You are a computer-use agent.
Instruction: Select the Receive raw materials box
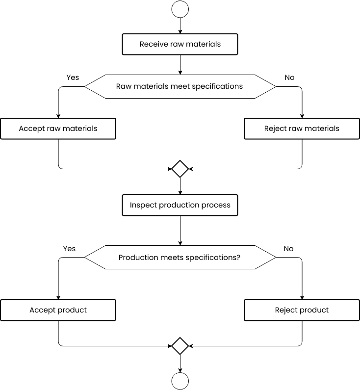[x=180, y=44]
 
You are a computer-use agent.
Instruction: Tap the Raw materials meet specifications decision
[x=180, y=86]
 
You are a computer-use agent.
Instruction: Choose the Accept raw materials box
[x=58, y=129]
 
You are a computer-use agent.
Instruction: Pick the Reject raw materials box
[x=302, y=129]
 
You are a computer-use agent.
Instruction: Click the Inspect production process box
[x=180, y=205]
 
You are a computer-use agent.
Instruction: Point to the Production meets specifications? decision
[x=180, y=257]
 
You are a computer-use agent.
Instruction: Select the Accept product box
[x=58, y=310]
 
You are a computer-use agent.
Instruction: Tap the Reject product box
[x=302, y=310]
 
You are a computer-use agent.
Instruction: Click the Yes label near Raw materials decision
[x=73, y=78]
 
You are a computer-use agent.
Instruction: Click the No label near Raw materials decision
[x=289, y=78]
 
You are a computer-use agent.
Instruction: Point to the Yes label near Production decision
[x=69, y=249]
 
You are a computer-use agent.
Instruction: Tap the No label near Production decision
[x=288, y=249]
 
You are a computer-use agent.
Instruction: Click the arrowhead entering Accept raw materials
[x=58, y=116]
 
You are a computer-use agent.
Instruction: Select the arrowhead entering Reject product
[x=302, y=298]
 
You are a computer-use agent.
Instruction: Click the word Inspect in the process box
[x=143, y=206]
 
